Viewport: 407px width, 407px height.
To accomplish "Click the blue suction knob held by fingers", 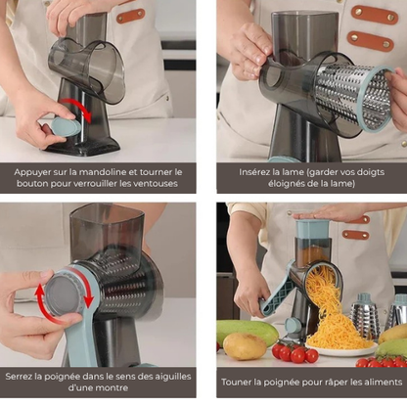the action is point(66,127).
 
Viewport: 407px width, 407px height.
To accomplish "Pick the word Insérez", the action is point(253,172).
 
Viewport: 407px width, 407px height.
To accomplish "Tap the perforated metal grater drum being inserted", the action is point(354,95).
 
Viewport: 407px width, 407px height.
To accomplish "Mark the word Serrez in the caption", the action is point(19,377).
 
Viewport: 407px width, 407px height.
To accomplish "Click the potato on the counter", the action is point(245,346).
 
